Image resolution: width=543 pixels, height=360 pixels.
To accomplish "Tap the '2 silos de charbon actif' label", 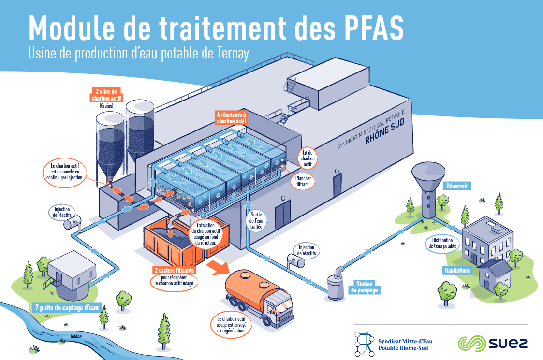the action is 106,95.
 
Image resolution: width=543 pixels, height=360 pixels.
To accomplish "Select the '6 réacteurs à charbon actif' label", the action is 231,118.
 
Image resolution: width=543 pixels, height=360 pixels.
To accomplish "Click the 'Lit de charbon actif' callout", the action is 308,158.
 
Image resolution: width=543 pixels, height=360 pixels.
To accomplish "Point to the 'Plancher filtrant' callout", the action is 303,181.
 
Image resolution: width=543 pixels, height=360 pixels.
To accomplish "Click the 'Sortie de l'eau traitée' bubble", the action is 256,220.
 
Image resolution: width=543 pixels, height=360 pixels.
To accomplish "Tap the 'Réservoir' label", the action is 457,186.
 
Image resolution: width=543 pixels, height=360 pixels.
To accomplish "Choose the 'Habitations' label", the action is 457,270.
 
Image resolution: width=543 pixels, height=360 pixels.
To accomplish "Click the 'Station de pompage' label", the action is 364,287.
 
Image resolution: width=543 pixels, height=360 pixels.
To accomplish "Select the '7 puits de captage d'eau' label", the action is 67,308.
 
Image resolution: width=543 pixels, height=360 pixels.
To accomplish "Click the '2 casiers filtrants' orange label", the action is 174,270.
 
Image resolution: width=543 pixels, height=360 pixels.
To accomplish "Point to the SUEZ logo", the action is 492,344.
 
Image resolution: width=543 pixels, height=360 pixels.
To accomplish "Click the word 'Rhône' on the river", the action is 76,336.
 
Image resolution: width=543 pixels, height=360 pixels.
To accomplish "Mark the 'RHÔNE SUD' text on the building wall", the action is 385,132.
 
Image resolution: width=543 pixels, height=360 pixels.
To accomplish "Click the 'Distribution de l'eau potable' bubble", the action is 442,244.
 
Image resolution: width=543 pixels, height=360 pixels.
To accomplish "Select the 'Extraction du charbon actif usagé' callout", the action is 205,234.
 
